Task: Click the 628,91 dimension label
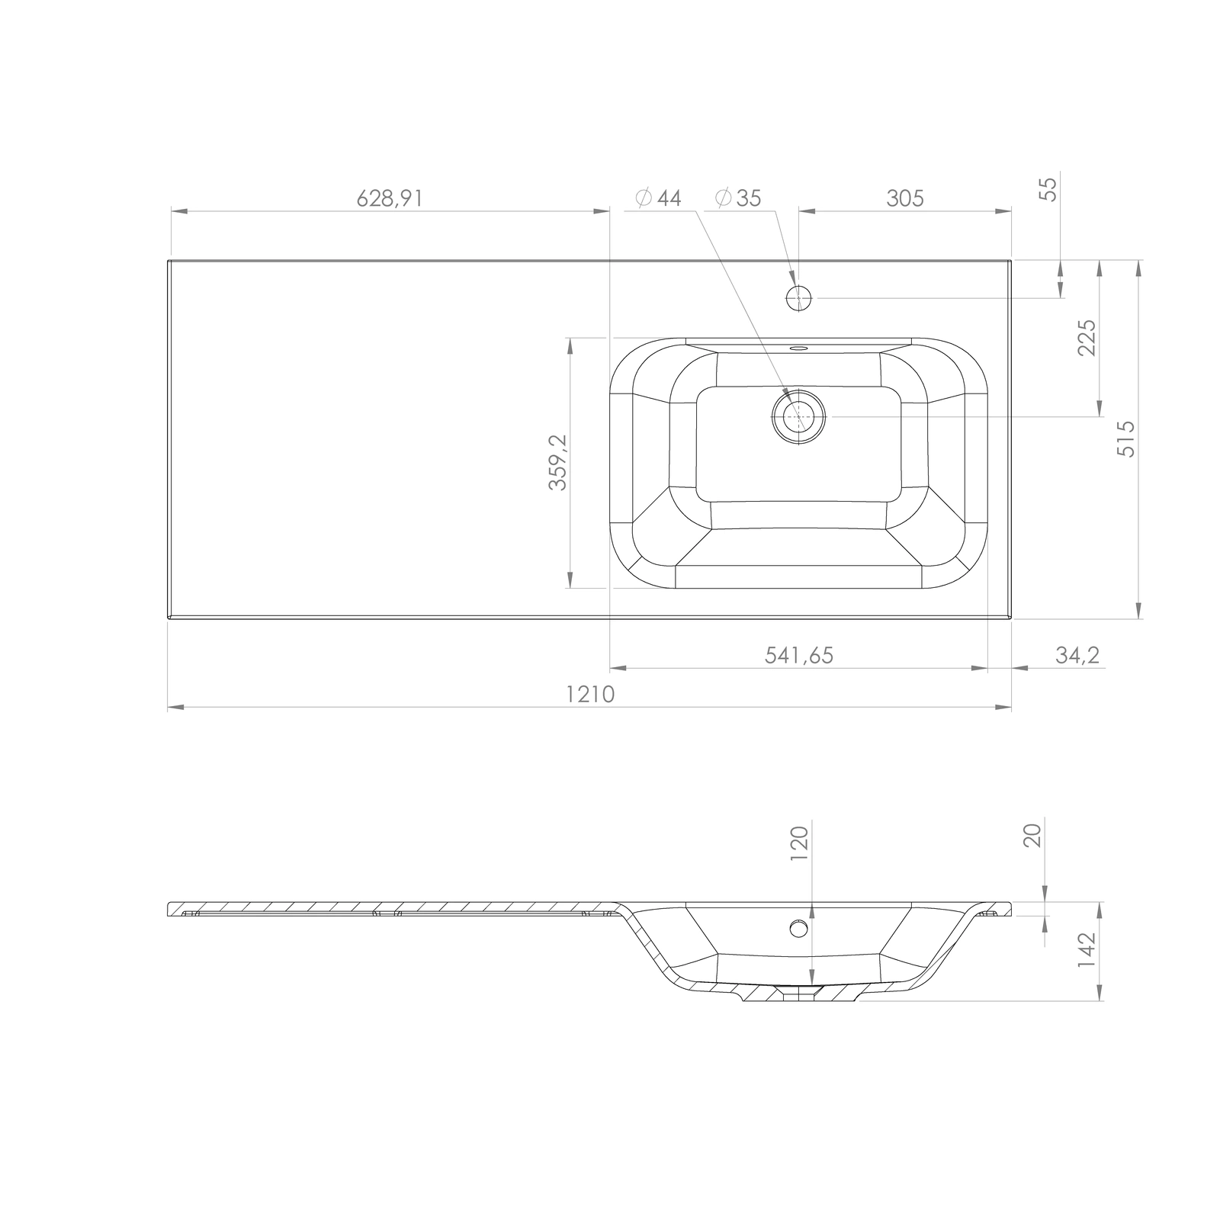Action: tap(389, 198)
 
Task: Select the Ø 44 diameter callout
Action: tap(658, 198)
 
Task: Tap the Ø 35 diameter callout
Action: tap(738, 198)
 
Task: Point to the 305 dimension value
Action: tap(905, 198)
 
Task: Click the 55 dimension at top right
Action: tap(1050, 188)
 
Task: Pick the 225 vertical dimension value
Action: tap(1087, 337)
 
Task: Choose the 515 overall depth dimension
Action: tap(1125, 438)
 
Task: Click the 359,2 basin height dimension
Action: tap(558, 462)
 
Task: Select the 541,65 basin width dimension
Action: tap(799, 655)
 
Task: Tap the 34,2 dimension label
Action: tap(1078, 655)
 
